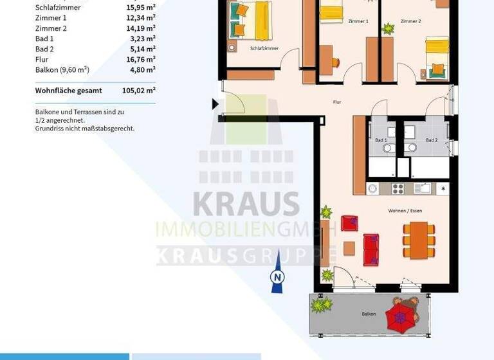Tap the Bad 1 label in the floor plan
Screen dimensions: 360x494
381,139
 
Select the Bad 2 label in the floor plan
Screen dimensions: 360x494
432,139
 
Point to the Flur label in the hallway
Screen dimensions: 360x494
336,102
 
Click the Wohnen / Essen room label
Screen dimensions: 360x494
405,211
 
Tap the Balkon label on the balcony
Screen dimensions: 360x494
369,314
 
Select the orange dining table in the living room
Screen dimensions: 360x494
419,239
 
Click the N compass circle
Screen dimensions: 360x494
277,277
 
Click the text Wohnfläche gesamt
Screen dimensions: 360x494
68,91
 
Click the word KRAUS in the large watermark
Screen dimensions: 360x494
246,204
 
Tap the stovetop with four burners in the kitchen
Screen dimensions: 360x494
398,188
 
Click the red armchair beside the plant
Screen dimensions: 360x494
349,223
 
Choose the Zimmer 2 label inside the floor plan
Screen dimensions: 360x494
410,22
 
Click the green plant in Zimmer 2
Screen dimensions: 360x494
388,28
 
